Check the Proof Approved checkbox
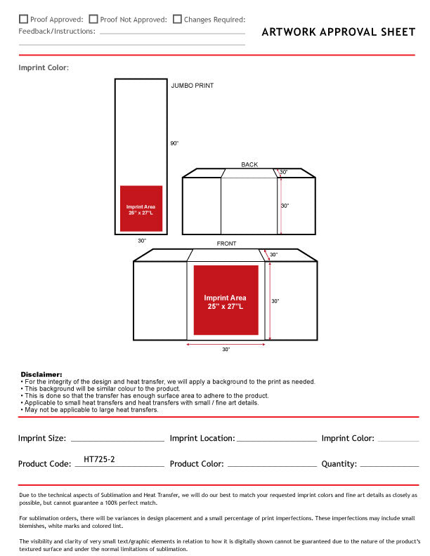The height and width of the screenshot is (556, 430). (x=23, y=20)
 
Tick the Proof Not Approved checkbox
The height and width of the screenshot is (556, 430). (x=93, y=20)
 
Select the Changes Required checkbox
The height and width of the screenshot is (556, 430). (x=177, y=20)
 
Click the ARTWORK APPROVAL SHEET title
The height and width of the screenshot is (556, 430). (x=338, y=32)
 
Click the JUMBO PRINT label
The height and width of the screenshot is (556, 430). (x=192, y=86)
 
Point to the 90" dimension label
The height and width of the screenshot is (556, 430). (x=174, y=143)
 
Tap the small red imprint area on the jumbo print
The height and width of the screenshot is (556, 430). (x=141, y=208)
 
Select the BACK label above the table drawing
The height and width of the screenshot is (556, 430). (x=249, y=165)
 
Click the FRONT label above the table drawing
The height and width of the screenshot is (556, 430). (x=226, y=244)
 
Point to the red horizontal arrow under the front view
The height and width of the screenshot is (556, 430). (x=226, y=344)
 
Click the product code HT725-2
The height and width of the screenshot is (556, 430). (x=99, y=459)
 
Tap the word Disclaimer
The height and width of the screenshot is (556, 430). (x=41, y=375)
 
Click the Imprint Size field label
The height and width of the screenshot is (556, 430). (x=42, y=438)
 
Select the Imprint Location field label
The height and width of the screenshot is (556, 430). (x=202, y=438)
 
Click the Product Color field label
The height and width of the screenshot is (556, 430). (x=197, y=464)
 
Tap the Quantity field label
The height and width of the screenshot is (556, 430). (x=339, y=464)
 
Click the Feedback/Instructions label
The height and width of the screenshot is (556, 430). (x=57, y=32)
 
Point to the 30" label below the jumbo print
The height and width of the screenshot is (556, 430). (x=142, y=241)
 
